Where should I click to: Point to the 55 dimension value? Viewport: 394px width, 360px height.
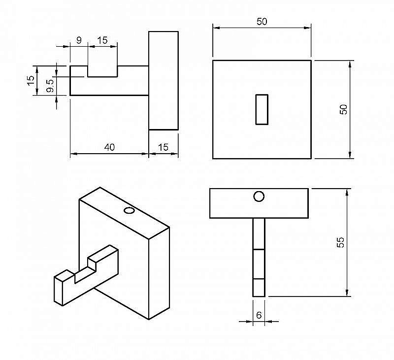340,242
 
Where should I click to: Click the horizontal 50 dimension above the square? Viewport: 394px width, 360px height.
262,22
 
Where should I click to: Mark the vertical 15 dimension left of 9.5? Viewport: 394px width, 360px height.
31,80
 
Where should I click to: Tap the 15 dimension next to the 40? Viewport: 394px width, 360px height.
163,147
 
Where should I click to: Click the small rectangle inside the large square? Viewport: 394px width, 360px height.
262,109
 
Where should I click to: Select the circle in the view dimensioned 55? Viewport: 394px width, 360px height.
259,196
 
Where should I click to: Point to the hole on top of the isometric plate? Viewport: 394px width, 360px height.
130,211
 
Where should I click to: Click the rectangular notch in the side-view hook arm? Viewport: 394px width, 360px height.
102,71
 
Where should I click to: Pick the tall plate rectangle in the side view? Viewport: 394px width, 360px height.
164,80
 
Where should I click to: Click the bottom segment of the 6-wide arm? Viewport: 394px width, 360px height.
259,288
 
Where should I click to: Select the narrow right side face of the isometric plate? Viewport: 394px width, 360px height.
159,273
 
